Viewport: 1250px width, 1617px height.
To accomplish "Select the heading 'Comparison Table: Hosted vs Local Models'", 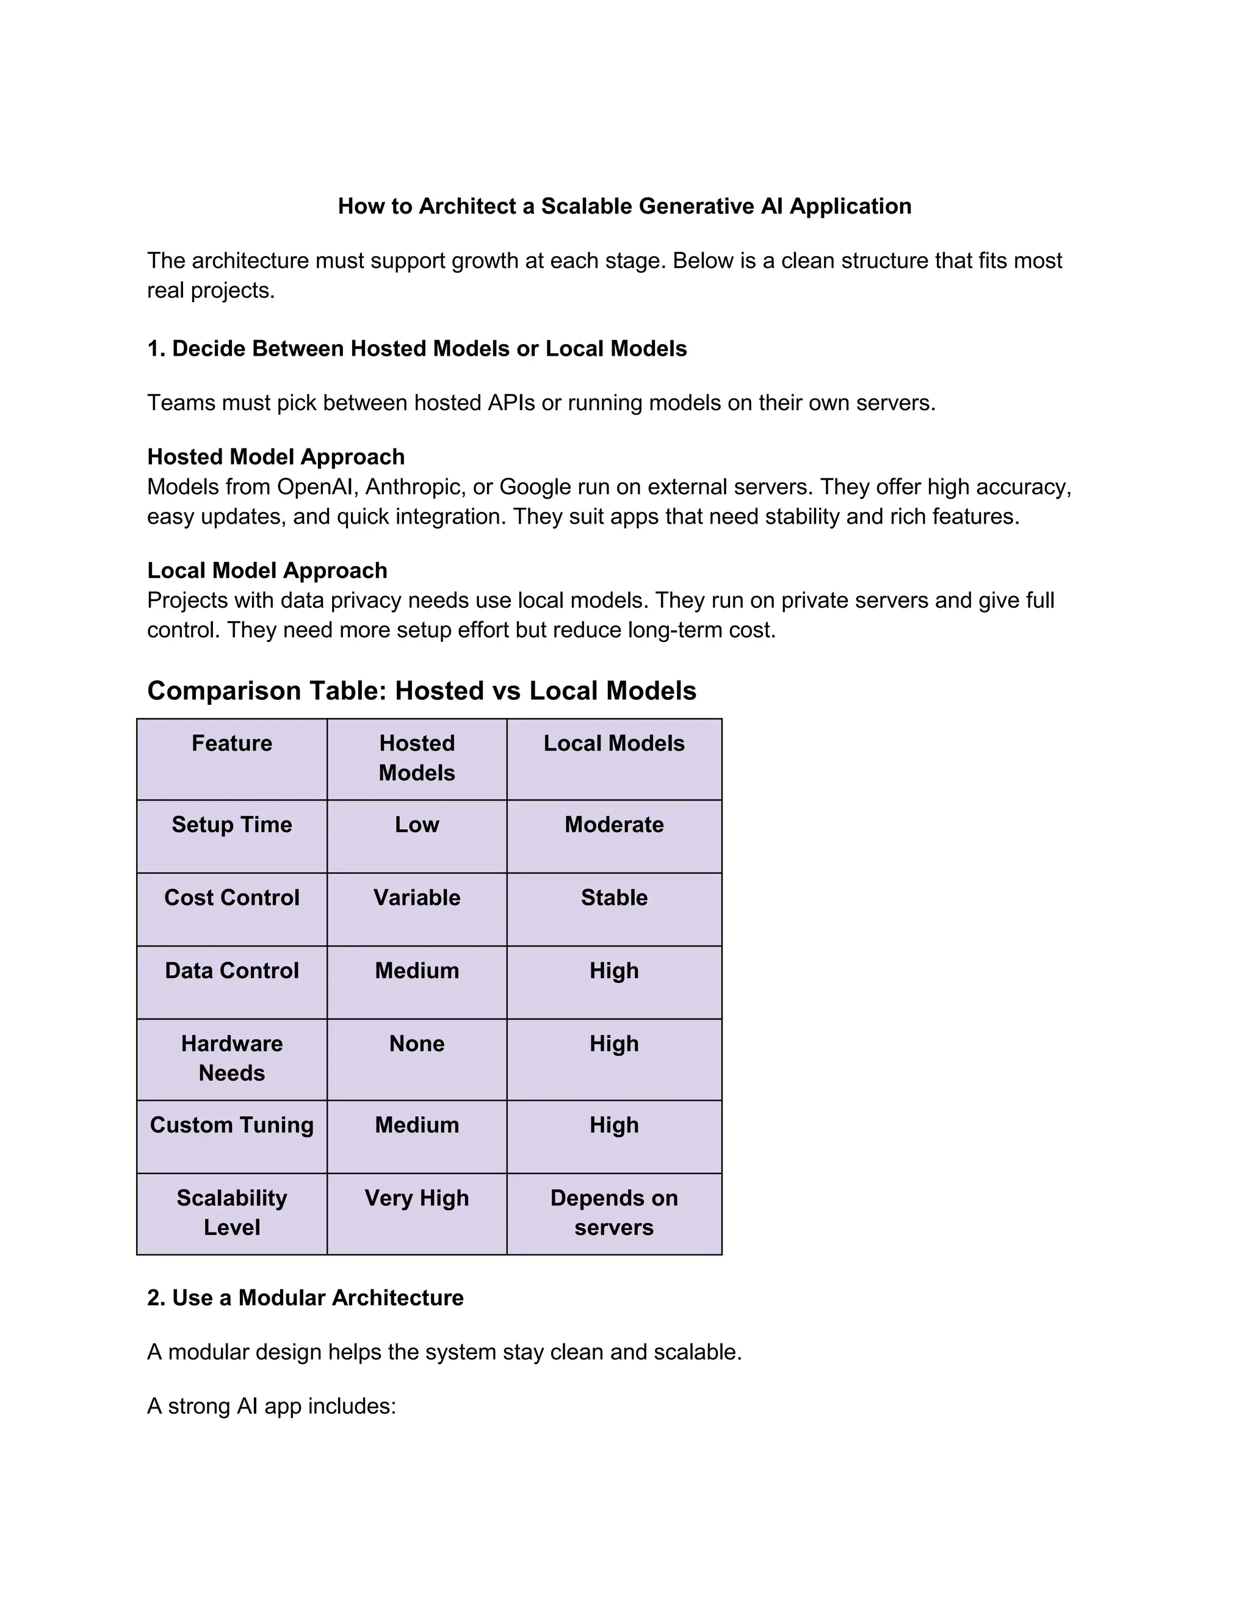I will click(421, 691).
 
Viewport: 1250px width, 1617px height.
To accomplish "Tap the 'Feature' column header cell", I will click(232, 743).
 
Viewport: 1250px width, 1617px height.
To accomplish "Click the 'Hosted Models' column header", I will click(417, 758).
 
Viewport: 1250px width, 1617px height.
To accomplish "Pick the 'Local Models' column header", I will click(614, 743).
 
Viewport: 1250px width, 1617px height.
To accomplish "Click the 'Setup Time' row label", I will click(232, 825).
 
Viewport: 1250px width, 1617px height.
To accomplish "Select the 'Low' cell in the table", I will click(417, 825).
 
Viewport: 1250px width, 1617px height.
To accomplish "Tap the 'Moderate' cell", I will click(614, 825).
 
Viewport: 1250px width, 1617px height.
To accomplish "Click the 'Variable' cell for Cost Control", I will click(417, 898).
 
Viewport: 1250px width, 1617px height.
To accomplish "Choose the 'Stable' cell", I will click(614, 898).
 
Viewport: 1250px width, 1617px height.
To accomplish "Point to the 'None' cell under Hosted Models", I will click(417, 1044).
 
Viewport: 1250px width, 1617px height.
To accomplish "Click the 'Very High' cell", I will click(417, 1198).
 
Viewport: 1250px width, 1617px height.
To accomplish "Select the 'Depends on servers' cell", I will click(614, 1213).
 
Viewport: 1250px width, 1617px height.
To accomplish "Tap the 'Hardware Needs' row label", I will click(232, 1059).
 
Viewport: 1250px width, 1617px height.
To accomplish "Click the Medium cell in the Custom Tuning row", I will click(417, 1125).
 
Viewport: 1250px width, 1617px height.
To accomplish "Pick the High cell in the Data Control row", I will click(614, 971).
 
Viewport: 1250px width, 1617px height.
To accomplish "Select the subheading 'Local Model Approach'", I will click(267, 571).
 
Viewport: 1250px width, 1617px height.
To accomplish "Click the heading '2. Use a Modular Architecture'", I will click(305, 1298).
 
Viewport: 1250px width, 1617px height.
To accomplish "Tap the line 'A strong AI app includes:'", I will click(272, 1406).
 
